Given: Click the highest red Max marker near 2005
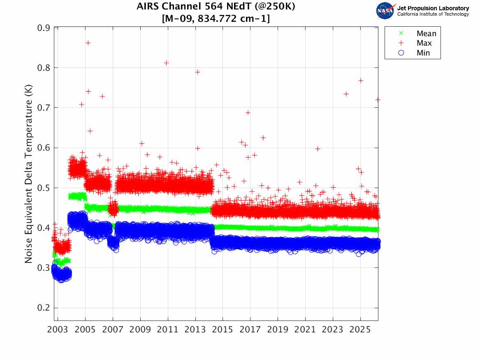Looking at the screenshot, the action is (88, 43).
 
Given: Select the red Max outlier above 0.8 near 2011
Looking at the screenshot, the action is (166, 63).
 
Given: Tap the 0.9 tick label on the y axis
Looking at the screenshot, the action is (44, 28).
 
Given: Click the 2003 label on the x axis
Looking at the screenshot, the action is (58, 330).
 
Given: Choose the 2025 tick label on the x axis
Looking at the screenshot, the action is (360, 330).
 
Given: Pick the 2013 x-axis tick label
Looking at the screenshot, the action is (195, 330).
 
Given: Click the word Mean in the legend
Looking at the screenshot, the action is (427, 33).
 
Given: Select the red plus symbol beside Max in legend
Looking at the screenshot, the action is (401, 43).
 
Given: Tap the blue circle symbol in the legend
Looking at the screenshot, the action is (401, 53).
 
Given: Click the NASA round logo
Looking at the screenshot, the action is (385, 11).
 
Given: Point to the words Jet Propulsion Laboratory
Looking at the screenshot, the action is (433, 8).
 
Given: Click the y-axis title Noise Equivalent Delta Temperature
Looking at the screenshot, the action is (28, 174).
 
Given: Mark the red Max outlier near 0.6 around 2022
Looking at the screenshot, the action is (318, 149).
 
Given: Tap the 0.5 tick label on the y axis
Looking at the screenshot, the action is (44, 188).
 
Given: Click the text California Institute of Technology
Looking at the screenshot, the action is (433, 14).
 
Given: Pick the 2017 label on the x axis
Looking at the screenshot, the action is (250, 330).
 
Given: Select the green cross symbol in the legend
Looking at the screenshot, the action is (401, 33).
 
